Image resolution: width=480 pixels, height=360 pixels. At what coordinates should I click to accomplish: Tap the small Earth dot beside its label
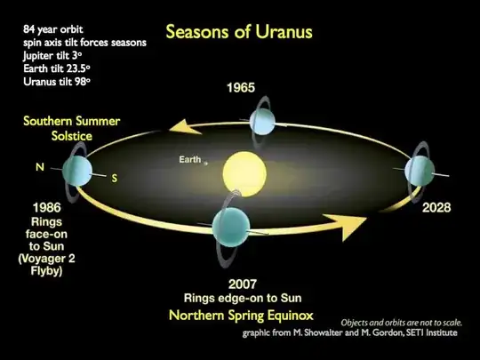point(205,162)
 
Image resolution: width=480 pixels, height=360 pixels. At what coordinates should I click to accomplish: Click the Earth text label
point(190,160)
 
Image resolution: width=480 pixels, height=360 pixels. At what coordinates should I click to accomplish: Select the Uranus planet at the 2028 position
point(420,170)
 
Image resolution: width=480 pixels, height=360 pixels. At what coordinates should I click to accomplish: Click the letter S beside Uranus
point(115,178)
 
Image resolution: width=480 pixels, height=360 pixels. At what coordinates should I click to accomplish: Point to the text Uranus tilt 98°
point(57,81)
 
